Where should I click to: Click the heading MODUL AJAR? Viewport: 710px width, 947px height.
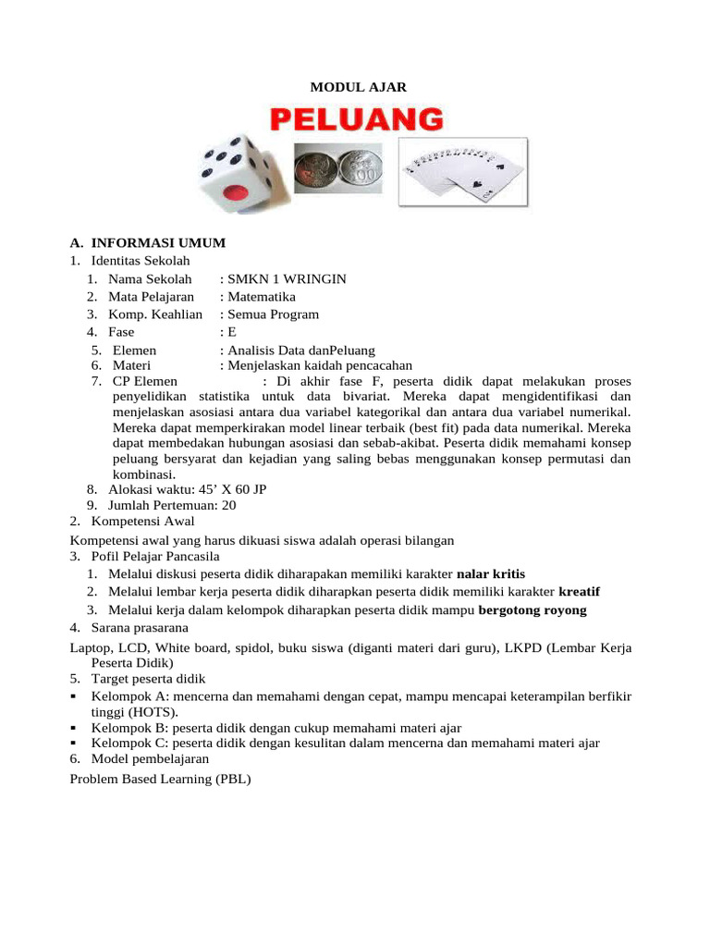pyautogui.click(x=356, y=87)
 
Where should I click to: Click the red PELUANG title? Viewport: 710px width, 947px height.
pyautogui.click(x=356, y=118)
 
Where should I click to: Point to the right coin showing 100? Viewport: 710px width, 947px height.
pyautogui.click(x=362, y=172)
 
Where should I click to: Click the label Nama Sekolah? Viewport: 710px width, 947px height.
pyautogui.click(x=150, y=278)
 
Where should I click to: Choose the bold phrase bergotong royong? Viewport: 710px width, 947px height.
pyautogui.click(x=532, y=609)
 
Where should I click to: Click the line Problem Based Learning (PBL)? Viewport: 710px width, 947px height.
pyautogui.click(x=160, y=779)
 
